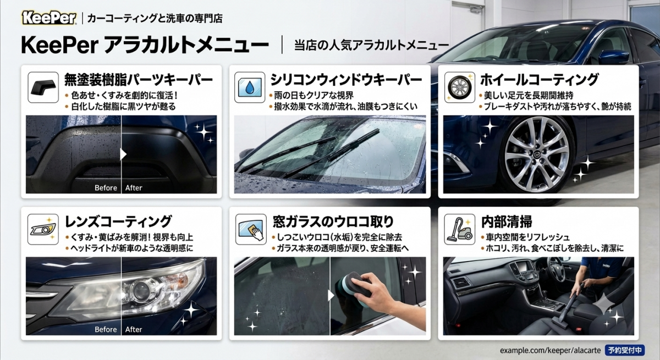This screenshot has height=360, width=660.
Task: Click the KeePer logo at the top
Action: coord(49,18)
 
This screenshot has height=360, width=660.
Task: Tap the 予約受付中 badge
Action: coord(625,350)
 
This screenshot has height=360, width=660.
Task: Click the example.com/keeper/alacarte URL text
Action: coord(550,350)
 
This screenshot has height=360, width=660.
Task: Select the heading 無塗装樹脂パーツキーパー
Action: coord(139,80)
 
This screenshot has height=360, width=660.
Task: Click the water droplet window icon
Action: coord(250,87)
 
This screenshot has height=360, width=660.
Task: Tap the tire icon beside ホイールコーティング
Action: coord(460,87)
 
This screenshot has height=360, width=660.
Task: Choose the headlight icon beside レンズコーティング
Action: coord(43,229)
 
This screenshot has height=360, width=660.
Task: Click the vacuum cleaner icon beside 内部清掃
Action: coord(460,229)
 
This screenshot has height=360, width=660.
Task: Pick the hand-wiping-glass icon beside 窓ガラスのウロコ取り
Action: coord(251,229)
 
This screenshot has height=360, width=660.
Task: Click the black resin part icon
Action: coord(43,87)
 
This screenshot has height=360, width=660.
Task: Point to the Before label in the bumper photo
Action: coord(106,188)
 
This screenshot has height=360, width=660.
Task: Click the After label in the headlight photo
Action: coord(134,329)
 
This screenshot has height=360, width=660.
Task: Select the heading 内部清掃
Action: coord(507,221)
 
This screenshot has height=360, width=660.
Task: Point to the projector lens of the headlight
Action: coord(141,291)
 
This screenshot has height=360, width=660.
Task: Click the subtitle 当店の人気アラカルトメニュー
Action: coord(372,45)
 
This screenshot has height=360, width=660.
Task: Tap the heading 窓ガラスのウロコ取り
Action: coord(333,221)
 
